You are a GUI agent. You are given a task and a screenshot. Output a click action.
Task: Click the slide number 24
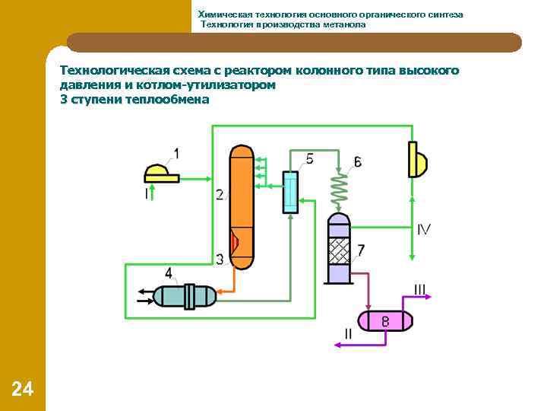pos(23,390)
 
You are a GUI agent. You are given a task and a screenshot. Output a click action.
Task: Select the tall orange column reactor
pos(241,190)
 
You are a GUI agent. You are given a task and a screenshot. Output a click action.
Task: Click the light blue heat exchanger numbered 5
pos(290,192)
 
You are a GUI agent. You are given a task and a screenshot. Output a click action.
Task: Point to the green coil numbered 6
pos(338,187)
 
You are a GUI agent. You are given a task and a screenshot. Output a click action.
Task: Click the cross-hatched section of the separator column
pos(339,250)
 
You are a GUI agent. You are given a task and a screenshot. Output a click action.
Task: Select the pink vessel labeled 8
pos(385,320)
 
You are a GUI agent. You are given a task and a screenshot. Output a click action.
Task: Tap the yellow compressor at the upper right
pos(417,159)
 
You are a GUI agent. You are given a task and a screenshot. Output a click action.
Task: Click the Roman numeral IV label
pos(424,229)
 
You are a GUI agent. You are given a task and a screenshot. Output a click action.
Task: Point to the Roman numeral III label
pos(420,289)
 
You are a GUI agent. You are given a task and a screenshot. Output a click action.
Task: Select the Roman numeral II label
pos(348,333)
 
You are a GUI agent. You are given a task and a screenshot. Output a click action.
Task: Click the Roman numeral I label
pos(146,194)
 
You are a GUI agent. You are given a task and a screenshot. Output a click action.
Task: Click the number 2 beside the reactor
pos(219,195)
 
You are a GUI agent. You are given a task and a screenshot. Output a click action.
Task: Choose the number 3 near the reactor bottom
pos(220,260)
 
